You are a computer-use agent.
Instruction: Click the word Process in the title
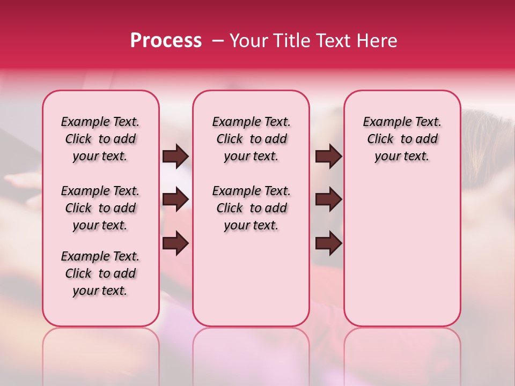[x=165, y=41]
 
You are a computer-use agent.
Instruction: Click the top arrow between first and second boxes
[x=175, y=156]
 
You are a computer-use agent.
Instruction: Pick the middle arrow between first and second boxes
[x=175, y=200]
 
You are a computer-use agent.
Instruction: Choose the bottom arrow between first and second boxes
[x=175, y=243]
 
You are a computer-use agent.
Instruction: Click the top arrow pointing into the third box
[x=328, y=156]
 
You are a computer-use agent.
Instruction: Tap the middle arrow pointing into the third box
[x=328, y=200]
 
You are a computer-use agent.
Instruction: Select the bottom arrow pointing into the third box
[x=328, y=243]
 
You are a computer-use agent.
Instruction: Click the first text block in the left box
[x=100, y=139]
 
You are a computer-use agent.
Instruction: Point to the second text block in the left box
[x=100, y=208]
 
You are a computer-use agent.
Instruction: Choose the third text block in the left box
[x=100, y=273]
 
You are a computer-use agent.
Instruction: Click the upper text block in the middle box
[x=251, y=139]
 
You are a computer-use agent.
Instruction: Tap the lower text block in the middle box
[x=251, y=208]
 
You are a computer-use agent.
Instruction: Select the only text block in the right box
[x=402, y=139]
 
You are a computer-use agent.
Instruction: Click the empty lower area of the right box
[x=402, y=252]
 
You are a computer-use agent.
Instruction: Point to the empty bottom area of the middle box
[x=251, y=284]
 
